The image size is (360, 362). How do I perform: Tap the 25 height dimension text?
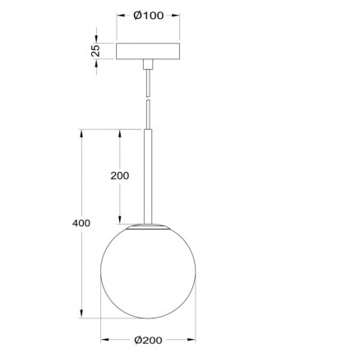click(96, 50)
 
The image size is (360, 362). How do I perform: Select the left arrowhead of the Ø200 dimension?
click(104, 337)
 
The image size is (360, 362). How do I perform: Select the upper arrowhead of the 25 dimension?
click(102, 39)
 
